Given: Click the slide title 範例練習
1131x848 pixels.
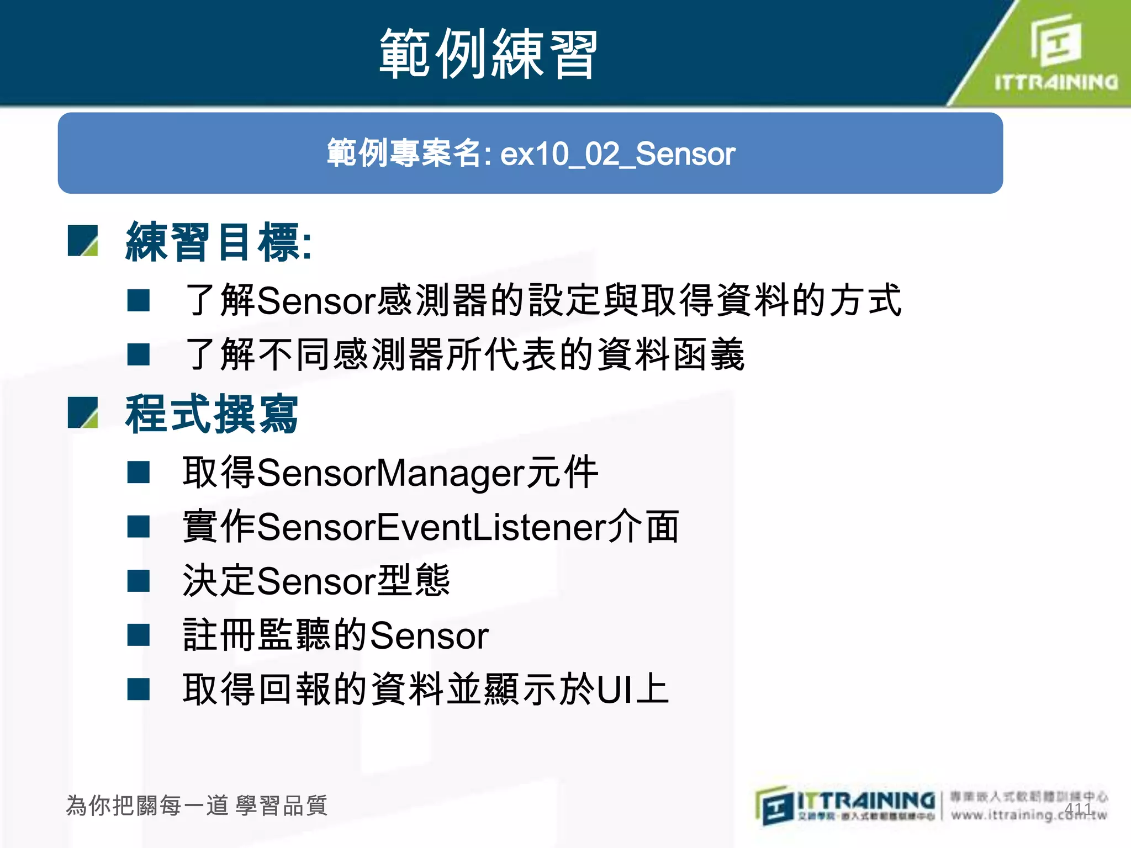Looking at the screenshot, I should click(488, 54).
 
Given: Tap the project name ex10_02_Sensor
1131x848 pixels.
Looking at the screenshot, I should click(617, 154).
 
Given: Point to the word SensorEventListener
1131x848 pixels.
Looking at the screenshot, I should click(431, 527).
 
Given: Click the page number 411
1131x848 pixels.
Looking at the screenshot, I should click(1078, 809).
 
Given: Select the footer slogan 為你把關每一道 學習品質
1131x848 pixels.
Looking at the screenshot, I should click(197, 805).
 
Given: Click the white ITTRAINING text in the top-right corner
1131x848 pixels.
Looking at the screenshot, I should click(1056, 83).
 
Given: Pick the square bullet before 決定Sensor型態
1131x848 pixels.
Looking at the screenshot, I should click(138, 581).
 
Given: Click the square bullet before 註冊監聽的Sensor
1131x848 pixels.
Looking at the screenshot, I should click(138, 635).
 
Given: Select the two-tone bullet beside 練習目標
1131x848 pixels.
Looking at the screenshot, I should click(83, 241).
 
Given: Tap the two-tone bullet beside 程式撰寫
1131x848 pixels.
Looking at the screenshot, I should click(83, 413).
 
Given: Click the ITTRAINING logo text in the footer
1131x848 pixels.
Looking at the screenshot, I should click(865, 801).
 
